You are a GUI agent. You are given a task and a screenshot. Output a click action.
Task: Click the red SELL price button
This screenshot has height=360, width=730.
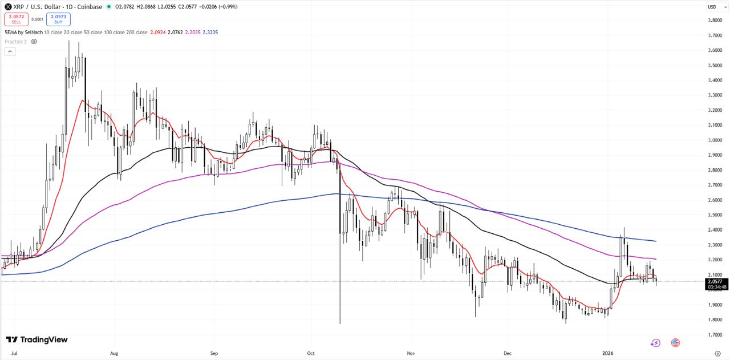tap(17, 19)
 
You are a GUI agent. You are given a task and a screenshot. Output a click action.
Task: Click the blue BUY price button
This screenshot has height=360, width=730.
tap(58, 19)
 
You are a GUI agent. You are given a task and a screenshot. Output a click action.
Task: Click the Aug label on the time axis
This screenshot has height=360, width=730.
tap(114, 353)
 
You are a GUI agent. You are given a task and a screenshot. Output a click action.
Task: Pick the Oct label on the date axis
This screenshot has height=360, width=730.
tap(311, 353)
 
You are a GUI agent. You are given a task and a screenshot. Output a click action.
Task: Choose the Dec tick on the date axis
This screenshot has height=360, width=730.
tap(507, 353)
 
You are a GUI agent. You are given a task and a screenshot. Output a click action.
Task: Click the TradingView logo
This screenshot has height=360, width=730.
tap(36, 339)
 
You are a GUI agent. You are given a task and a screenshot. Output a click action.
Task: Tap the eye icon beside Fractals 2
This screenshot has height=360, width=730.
tap(34, 42)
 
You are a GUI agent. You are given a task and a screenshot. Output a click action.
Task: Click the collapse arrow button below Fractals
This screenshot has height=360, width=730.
tap(10, 51)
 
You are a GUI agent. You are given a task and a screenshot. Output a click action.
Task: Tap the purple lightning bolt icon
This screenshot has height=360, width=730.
tap(656, 343)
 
